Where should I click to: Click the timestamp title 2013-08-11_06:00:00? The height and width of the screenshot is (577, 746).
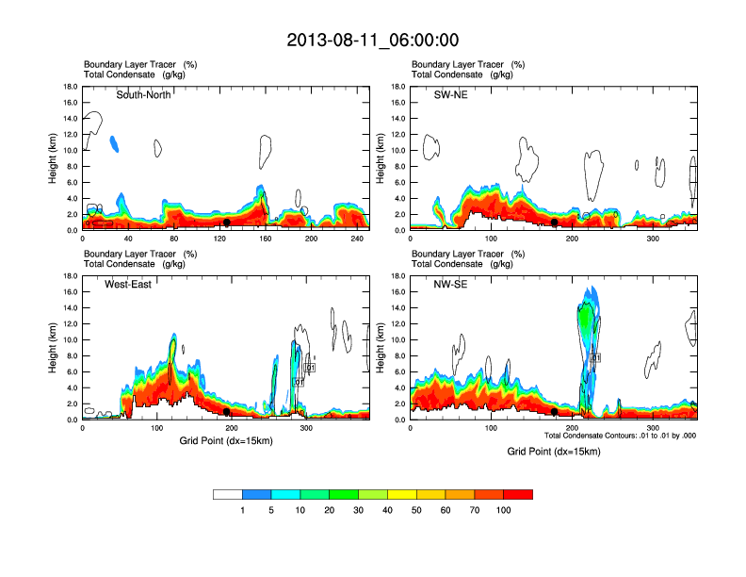click(x=372, y=41)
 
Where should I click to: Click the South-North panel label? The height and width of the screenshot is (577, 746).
click(x=143, y=95)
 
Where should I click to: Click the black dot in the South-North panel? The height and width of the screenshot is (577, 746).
click(x=227, y=223)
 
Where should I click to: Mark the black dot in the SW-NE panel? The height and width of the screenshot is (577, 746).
click(x=555, y=223)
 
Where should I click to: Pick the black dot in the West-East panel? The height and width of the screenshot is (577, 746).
click(x=227, y=412)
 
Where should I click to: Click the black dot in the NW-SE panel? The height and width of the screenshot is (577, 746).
click(x=555, y=412)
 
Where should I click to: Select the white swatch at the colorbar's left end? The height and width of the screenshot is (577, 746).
click(x=228, y=494)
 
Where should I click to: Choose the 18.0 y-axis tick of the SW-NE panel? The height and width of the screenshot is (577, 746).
click(x=399, y=87)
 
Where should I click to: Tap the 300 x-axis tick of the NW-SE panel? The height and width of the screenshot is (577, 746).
click(x=653, y=429)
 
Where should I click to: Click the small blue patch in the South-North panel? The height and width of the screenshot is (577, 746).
click(x=115, y=143)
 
